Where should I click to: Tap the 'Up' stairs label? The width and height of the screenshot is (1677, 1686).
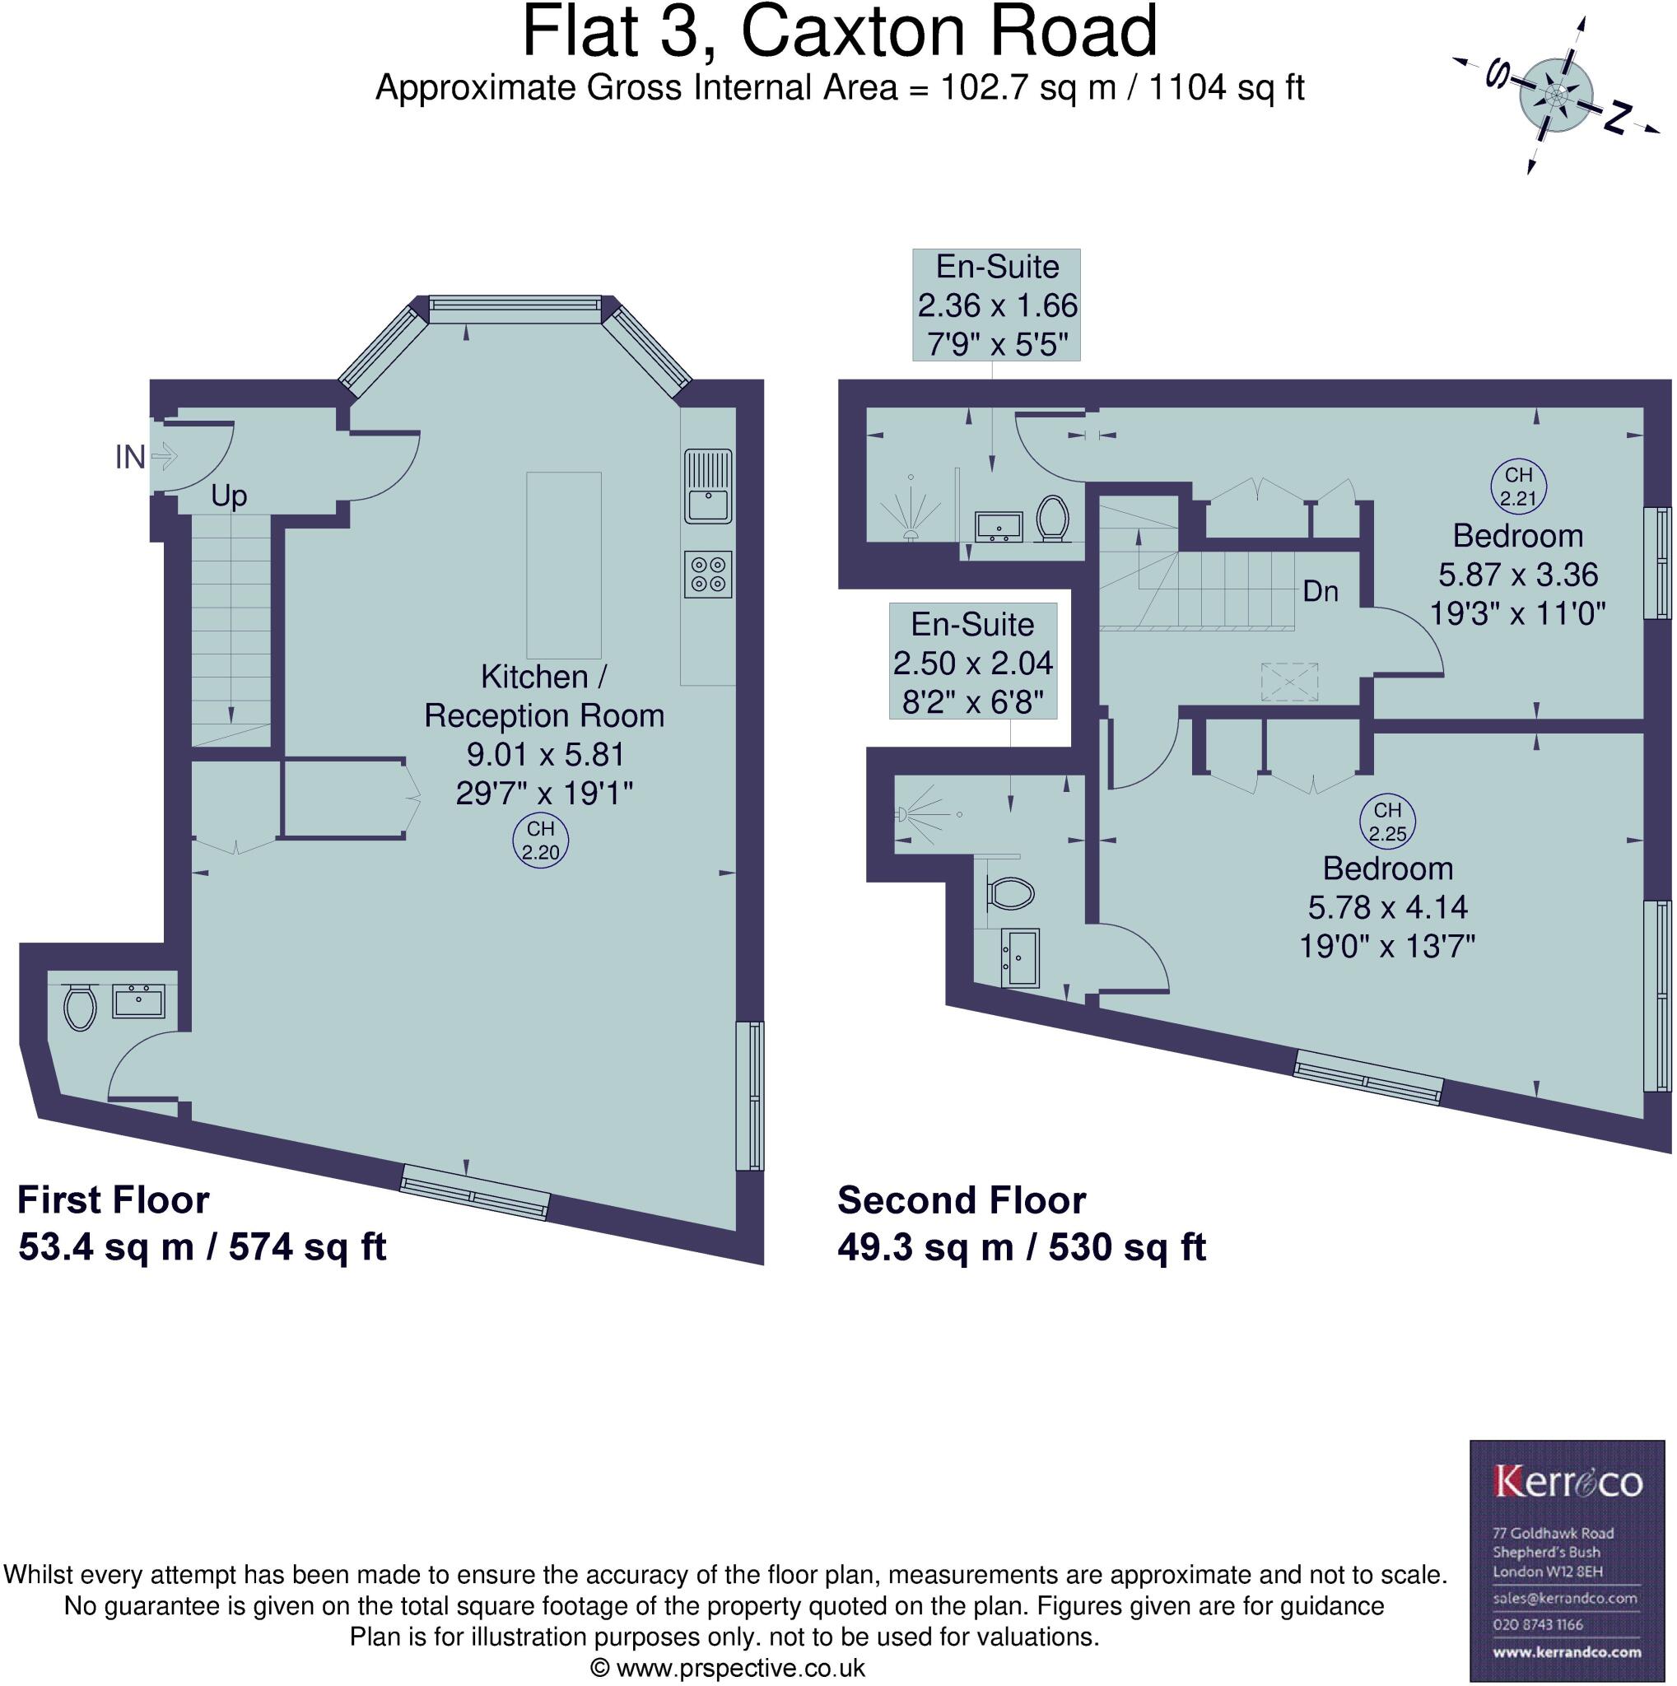pos(229,496)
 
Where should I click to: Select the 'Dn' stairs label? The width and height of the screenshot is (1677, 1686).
pos(1321,592)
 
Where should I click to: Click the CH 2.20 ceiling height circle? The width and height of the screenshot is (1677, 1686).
pos(540,841)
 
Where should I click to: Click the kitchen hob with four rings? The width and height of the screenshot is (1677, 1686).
pos(708,575)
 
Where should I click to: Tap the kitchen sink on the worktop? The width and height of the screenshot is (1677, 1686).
pos(708,485)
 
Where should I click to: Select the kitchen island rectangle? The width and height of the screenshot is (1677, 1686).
pos(564,565)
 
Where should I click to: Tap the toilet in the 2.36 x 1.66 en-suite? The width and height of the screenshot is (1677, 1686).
pos(1054,519)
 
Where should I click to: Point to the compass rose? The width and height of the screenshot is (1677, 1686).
pos(1557,93)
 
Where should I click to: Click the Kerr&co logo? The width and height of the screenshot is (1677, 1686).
pos(1568,1481)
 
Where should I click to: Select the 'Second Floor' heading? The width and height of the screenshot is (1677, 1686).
pos(962,1200)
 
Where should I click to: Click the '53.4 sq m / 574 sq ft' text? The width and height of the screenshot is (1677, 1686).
pos(202,1246)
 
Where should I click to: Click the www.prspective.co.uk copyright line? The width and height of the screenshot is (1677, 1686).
pos(728,1668)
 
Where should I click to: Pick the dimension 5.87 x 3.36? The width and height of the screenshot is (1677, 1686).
pos(1517,575)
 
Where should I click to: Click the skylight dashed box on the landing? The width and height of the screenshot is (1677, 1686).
pos(1288,682)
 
